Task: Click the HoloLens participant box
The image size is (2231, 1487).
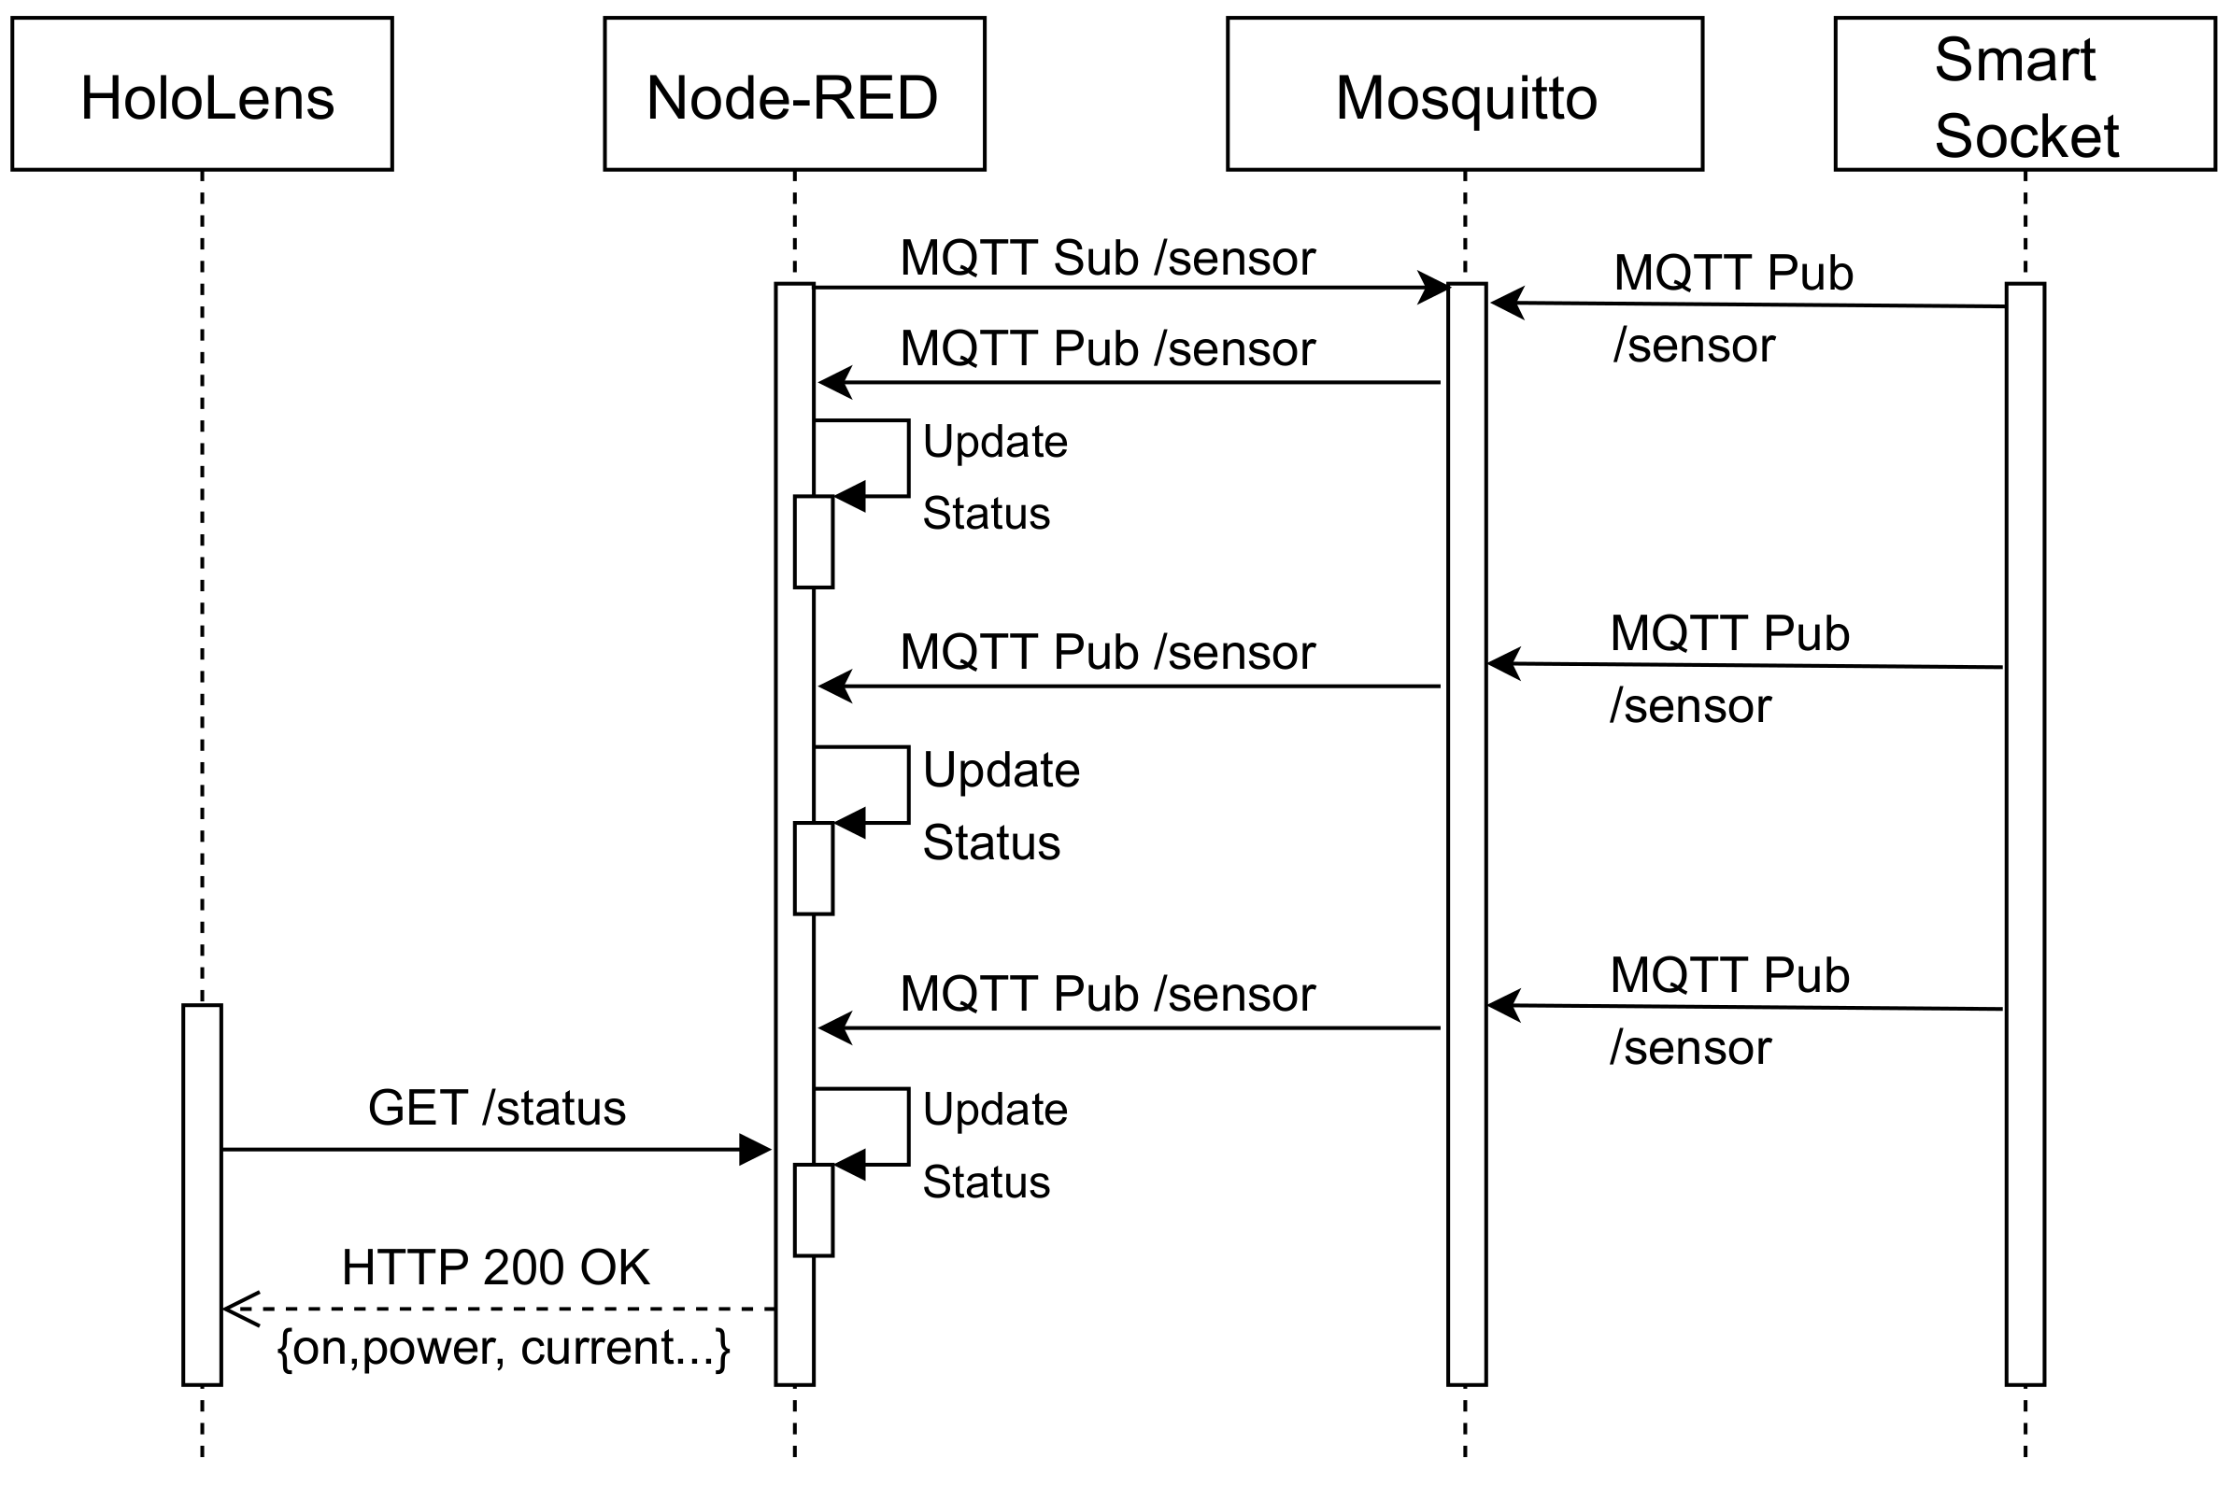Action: coord(202,94)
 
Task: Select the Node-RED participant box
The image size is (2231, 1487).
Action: coord(794,94)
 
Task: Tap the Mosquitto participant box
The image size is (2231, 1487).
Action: coord(1465,94)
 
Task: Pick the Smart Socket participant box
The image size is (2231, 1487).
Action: coord(2025,94)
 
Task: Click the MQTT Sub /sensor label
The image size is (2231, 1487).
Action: coord(1107,258)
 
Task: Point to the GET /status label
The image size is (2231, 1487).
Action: coord(496,1108)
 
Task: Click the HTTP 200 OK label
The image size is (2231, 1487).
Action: coord(495,1267)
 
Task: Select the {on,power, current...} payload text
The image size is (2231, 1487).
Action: coord(503,1348)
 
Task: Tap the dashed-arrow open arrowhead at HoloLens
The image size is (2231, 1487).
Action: coord(239,1310)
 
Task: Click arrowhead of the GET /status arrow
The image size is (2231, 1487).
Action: coord(756,1151)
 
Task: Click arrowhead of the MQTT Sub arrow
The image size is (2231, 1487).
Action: coord(1432,288)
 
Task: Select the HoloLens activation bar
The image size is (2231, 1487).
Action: coord(202,1195)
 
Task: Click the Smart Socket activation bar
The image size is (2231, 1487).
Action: coord(2025,834)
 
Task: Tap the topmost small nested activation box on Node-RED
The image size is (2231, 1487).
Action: coord(813,542)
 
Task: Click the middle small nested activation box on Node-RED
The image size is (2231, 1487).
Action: coord(813,868)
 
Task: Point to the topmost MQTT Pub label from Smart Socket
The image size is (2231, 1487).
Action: coord(1732,308)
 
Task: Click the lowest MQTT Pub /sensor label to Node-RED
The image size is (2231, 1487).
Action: coord(1107,994)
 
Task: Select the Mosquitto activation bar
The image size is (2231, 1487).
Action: coord(1466,834)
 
